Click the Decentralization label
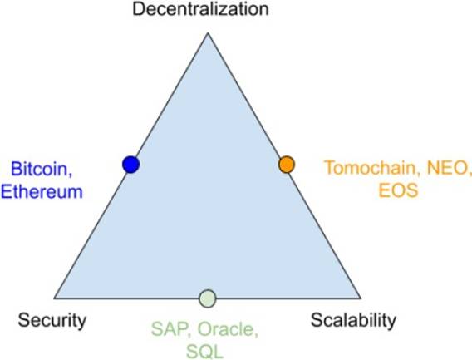point(200,8)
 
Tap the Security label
point(52,321)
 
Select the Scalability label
point(353,321)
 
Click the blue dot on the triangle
point(131,165)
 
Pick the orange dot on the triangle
point(287,165)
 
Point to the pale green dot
point(208,298)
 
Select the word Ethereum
point(42,191)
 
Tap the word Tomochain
point(372,167)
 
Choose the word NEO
point(448,168)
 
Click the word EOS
point(398,190)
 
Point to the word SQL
point(204,351)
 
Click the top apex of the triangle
point(208,33)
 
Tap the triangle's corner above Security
point(54,298)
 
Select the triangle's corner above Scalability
point(361,298)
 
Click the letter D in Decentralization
point(139,9)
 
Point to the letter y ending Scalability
point(392,323)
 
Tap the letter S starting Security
point(24,320)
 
